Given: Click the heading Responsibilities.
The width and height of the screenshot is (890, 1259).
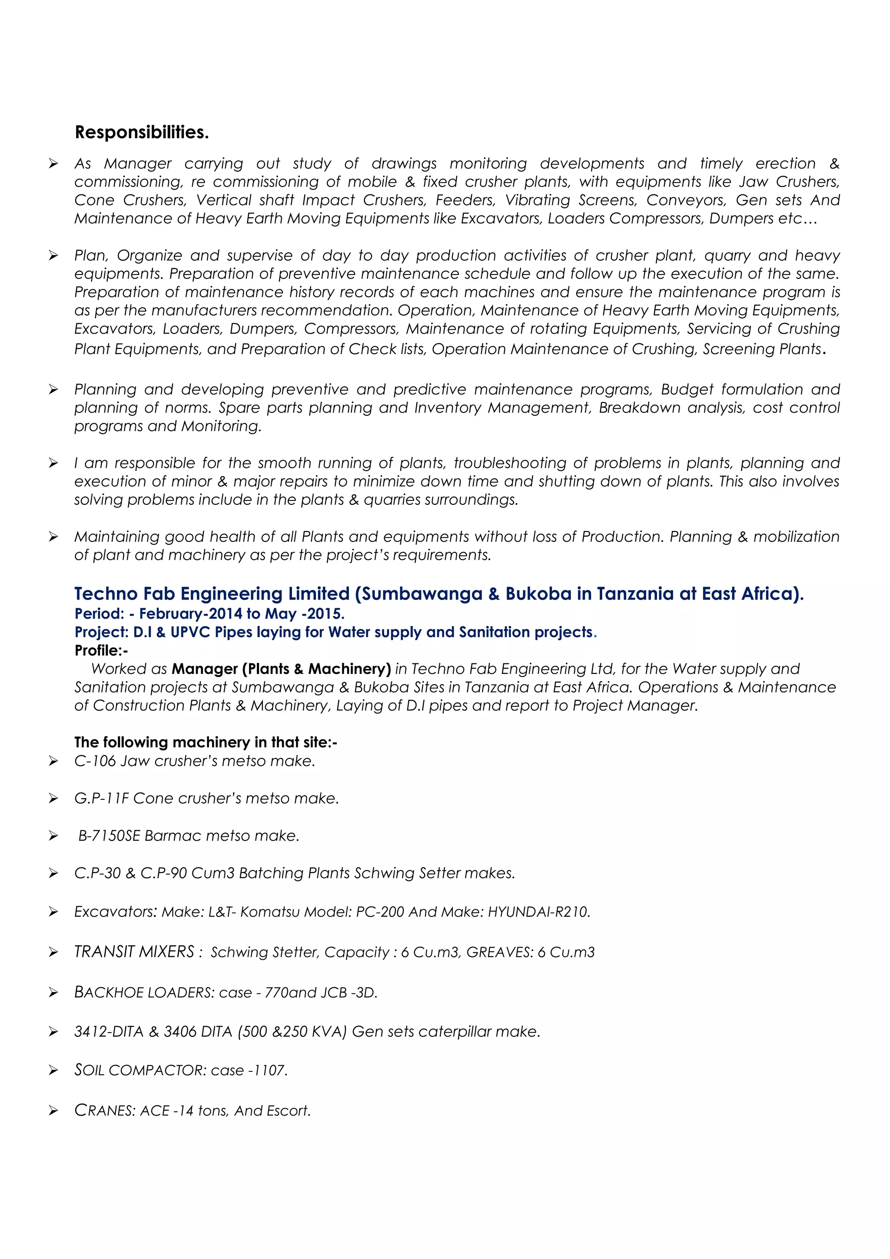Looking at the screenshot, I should click(x=142, y=132).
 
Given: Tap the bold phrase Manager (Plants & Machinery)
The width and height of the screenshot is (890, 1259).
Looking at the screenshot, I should click(x=281, y=669).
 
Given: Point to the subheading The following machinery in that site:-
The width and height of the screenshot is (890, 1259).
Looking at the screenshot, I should click(x=206, y=742).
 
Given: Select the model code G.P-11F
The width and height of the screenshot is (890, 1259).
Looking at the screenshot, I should click(x=101, y=798).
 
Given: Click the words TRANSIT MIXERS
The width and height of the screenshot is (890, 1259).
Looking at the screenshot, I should click(x=134, y=952).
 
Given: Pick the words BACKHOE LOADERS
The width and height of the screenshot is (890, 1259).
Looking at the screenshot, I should click(x=144, y=993).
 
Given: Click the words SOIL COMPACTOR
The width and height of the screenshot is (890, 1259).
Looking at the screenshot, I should click(x=140, y=1070).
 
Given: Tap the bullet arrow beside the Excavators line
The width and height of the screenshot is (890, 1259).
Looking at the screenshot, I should click(x=53, y=912).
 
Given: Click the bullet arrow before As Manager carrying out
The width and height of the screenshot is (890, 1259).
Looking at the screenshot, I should click(x=53, y=163).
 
